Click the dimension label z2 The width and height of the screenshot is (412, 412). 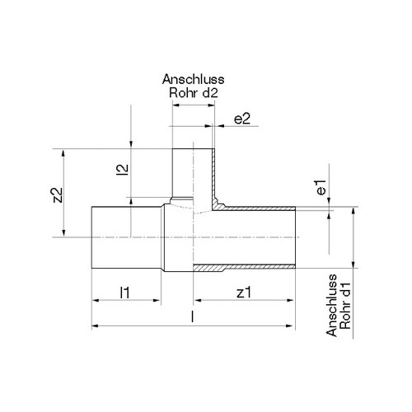[x=59, y=195]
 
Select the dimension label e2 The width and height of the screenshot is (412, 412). [x=242, y=119]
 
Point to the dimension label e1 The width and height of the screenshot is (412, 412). [x=321, y=187]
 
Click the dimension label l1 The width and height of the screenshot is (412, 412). [x=125, y=293]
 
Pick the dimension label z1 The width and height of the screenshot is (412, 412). [x=244, y=293]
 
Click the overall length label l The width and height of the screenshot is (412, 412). [x=193, y=316]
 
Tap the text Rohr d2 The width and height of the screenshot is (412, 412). [x=194, y=93]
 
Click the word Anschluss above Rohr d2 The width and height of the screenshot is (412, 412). [x=193, y=79]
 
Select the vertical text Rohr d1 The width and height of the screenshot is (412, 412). [x=345, y=306]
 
